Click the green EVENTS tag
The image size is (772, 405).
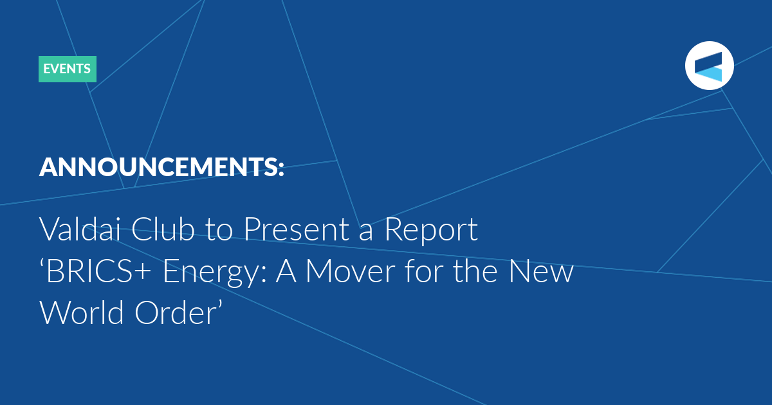(68, 69)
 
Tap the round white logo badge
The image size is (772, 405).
(709, 66)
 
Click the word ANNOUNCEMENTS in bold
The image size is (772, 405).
(157, 167)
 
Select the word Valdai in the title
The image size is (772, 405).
(81, 229)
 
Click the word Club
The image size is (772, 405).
(163, 229)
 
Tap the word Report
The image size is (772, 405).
(431, 230)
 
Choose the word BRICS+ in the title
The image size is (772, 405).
(98, 271)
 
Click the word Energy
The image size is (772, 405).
(211, 273)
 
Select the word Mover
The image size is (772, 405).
(350, 271)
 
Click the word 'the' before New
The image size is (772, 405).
(475, 271)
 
